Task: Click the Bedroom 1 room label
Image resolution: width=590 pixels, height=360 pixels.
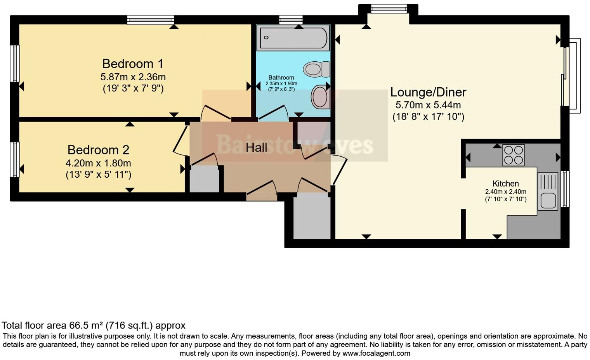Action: tap(133, 64)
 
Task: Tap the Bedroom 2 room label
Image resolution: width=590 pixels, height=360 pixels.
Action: tap(98, 150)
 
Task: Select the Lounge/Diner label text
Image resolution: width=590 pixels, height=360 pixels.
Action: tap(428, 92)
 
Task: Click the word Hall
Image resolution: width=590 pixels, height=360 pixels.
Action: tap(256, 147)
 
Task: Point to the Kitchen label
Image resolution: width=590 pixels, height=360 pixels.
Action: tap(505, 183)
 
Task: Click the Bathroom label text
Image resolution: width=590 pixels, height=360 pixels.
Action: tap(281, 78)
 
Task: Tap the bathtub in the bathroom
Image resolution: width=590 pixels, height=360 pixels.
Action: tap(293, 38)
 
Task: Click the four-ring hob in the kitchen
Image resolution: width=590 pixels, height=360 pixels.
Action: tap(513, 155)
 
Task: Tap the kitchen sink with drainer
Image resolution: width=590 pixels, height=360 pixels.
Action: tap(548, 192)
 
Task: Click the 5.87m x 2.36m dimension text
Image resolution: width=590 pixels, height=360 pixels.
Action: tap(133, 77)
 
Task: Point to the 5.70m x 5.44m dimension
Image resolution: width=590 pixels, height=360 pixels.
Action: tap(428, 105)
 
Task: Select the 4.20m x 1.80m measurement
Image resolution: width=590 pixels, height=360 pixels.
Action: tap(98, 163)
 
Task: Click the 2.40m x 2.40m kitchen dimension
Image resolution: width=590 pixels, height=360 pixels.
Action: tap(505, 192)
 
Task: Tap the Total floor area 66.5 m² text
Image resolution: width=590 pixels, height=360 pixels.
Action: tap(93, 325)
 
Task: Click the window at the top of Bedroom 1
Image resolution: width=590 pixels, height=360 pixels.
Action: tap(150, 19)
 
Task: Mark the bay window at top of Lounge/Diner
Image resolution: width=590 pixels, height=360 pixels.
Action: tap(389, 9)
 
